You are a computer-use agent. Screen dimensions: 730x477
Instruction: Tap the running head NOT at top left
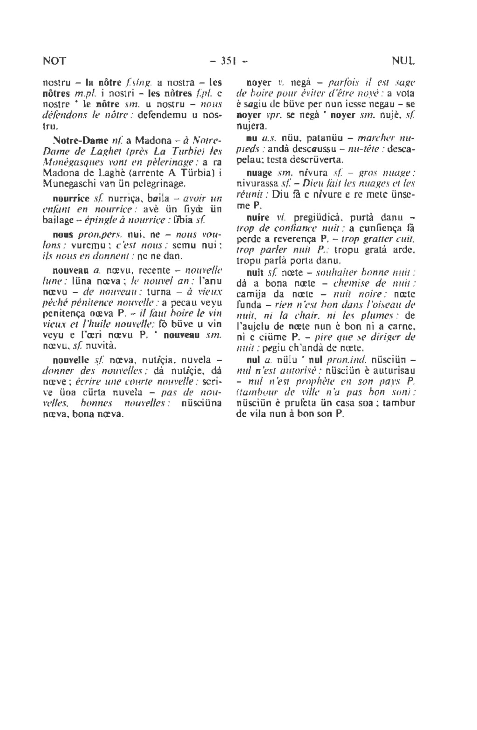point(54,61)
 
